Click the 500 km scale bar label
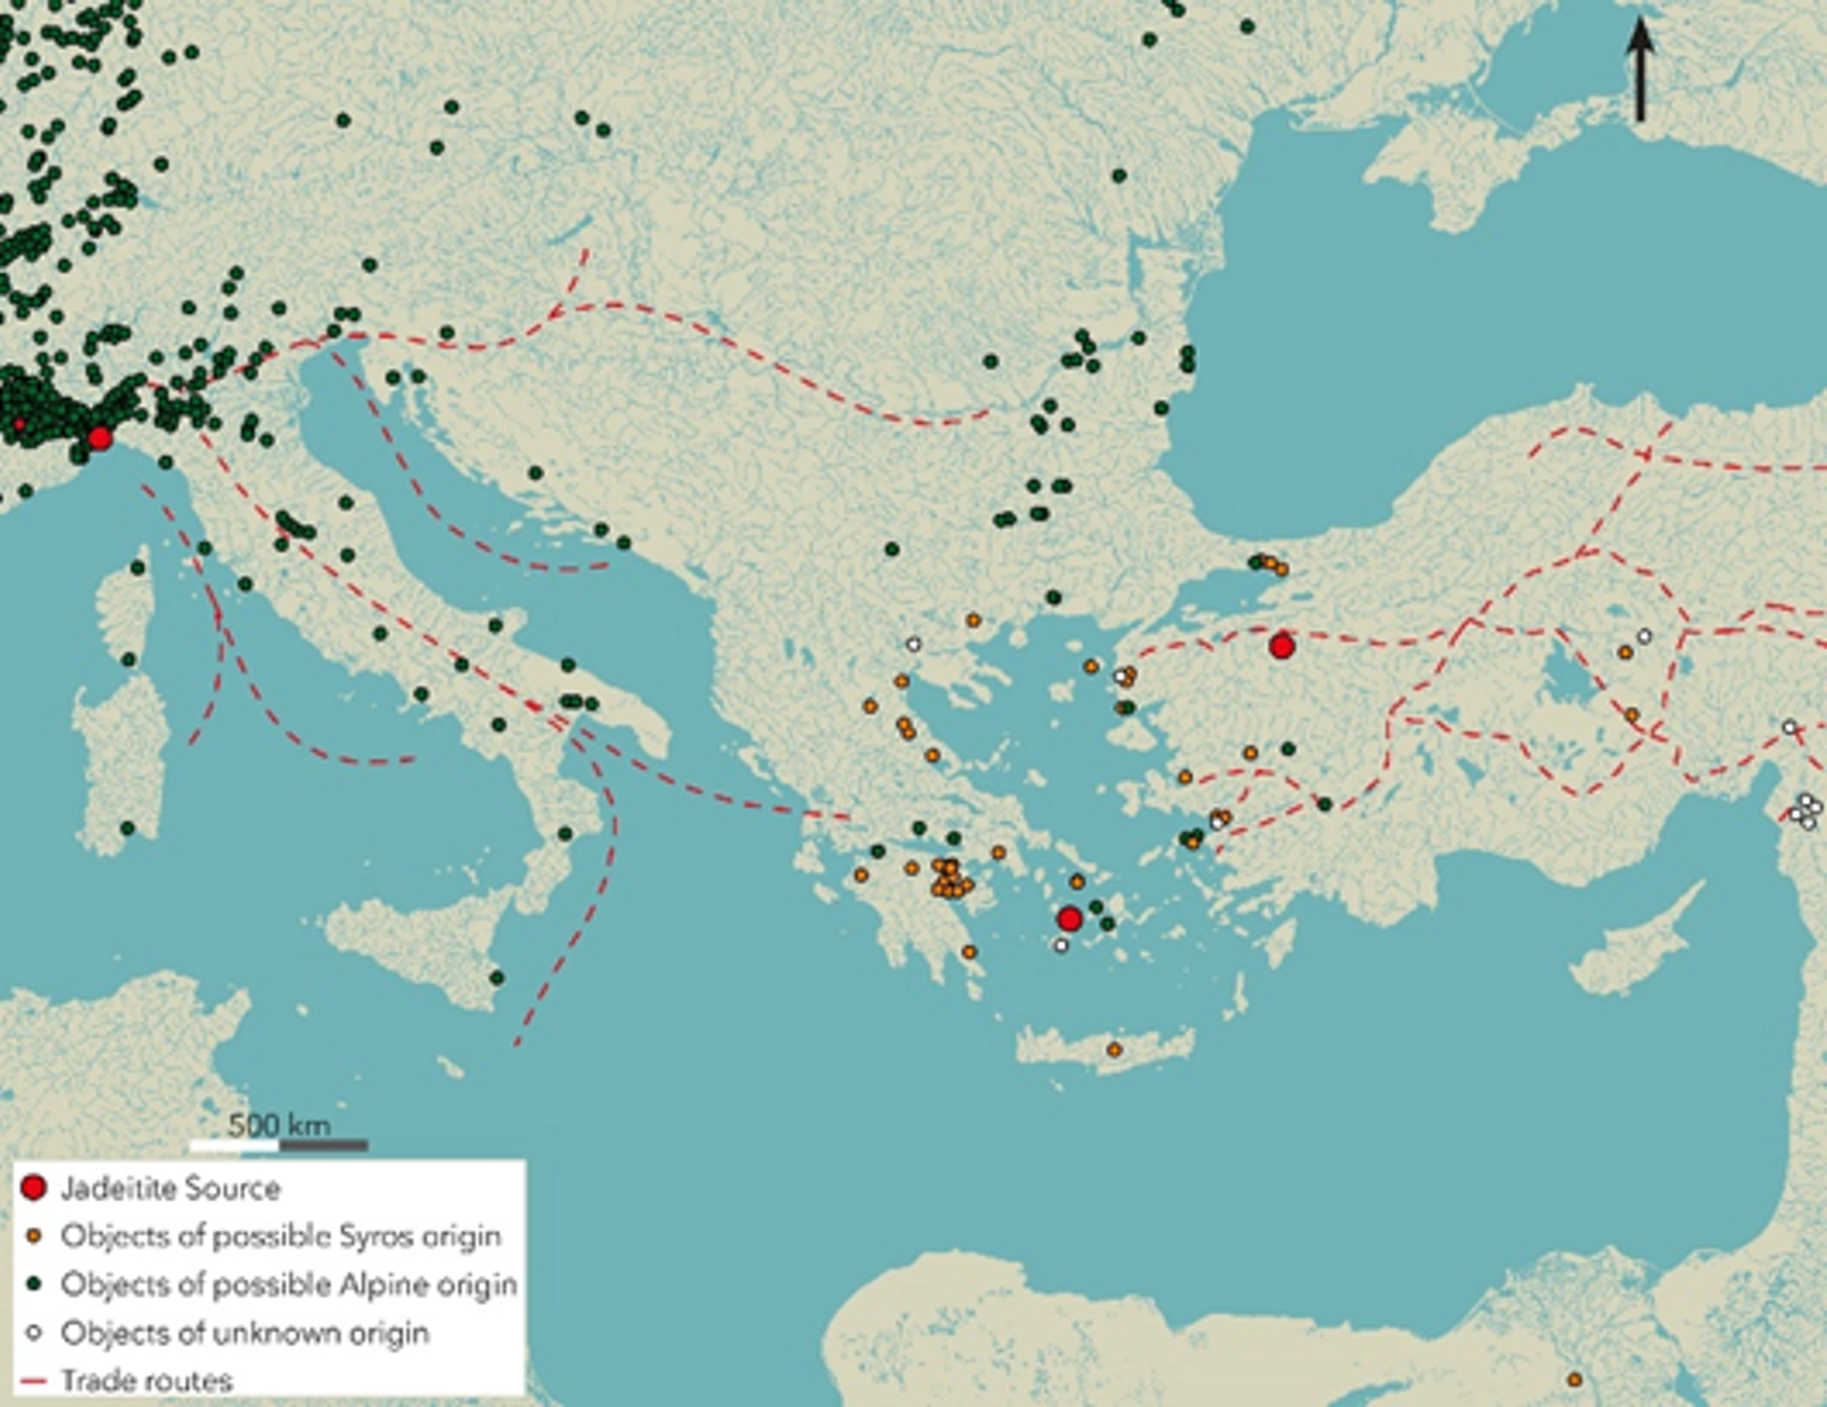coord(279,1125)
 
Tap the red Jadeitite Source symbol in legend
coord(34,1188)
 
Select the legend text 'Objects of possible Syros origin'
coord(280,1237)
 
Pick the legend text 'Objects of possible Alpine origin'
coord(288,1285)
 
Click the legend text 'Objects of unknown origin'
coord(244,1333)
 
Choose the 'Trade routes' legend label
coord(146,1381)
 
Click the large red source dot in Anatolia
coord(1282,646)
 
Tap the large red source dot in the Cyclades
coord(1070,918)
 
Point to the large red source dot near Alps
coord(99,438)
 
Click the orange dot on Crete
coord(1114,1050)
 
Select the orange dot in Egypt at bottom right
coord(1575,1380)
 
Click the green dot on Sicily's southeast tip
coord(497,978)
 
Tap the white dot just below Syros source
coord(1060,946)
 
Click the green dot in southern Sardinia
coord(127,829)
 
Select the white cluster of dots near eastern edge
coord(1806,810)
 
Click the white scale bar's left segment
coord(235,1146)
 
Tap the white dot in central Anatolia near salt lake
coord(1644,636)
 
